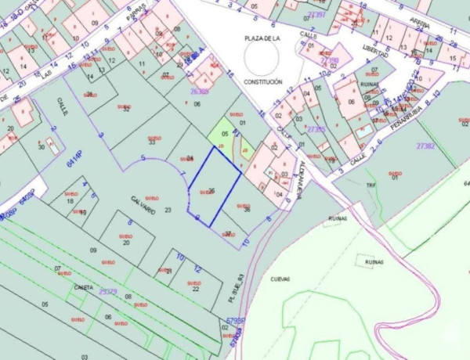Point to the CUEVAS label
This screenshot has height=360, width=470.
click(280, 279)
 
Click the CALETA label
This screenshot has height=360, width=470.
click(83, 287)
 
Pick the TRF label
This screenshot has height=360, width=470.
click(372, 185)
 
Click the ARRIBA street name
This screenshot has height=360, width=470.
click(420, 25)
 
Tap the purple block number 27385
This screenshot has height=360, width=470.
click(316, 129)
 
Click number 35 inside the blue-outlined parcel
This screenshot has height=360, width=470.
click(211, 190)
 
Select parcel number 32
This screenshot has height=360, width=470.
click(126, 110)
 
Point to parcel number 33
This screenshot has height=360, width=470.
click(151, 142)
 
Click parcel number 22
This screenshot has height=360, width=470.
click(194, 289)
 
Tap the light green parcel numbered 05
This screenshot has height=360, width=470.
click(225, 134)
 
